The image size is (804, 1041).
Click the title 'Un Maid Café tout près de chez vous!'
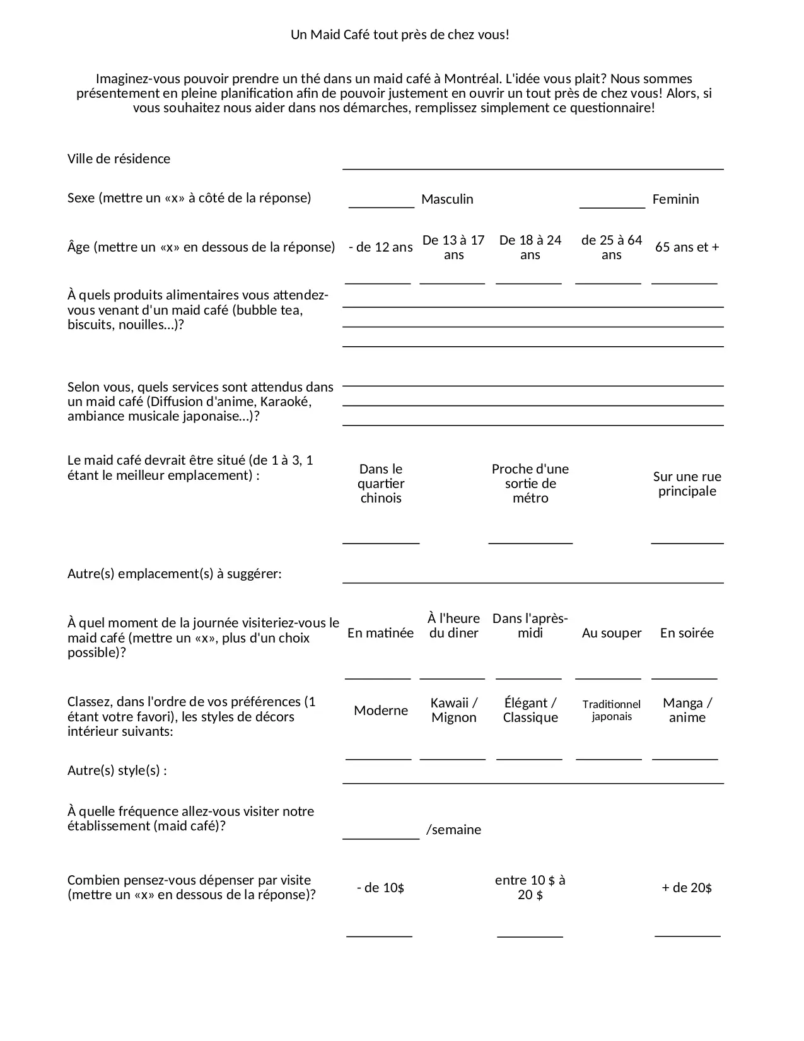pos(400,35)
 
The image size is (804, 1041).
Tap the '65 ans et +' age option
pos(687,247)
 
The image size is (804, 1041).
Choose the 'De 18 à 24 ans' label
pos(530,247)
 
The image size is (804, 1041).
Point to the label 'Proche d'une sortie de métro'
pos(530,484)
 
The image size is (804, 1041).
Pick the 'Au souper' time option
pos(612,633)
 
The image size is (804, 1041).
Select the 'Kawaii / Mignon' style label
pos(454,710)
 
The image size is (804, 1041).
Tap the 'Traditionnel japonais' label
pos(612,710)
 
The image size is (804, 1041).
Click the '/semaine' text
pos(454,830)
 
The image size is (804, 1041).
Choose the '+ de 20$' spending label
pos(687,888)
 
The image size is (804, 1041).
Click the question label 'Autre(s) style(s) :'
pos(117,771)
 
